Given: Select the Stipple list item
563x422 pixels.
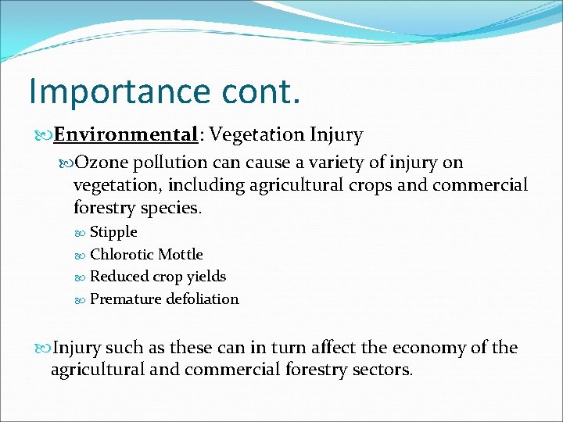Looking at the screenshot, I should [x=113, y=232].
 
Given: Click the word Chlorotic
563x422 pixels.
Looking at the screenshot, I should [x=122, y=255].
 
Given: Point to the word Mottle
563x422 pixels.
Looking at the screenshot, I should [x=180, y=255].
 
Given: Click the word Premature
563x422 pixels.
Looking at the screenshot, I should [x=125, y=299].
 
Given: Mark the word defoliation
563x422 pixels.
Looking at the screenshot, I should [x=202, y=299].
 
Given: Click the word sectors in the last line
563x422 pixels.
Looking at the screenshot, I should [x=383, y=370].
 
